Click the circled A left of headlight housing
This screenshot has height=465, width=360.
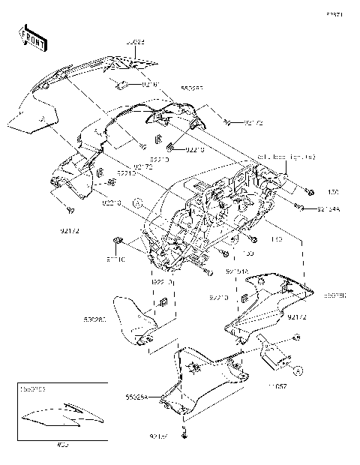pyautogui.click(x=137, y=202)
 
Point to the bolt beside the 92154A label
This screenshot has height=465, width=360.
pyautogui.click(x=299, y=206)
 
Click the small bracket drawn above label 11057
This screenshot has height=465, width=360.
pyautogui.click(x=274, y=352)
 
